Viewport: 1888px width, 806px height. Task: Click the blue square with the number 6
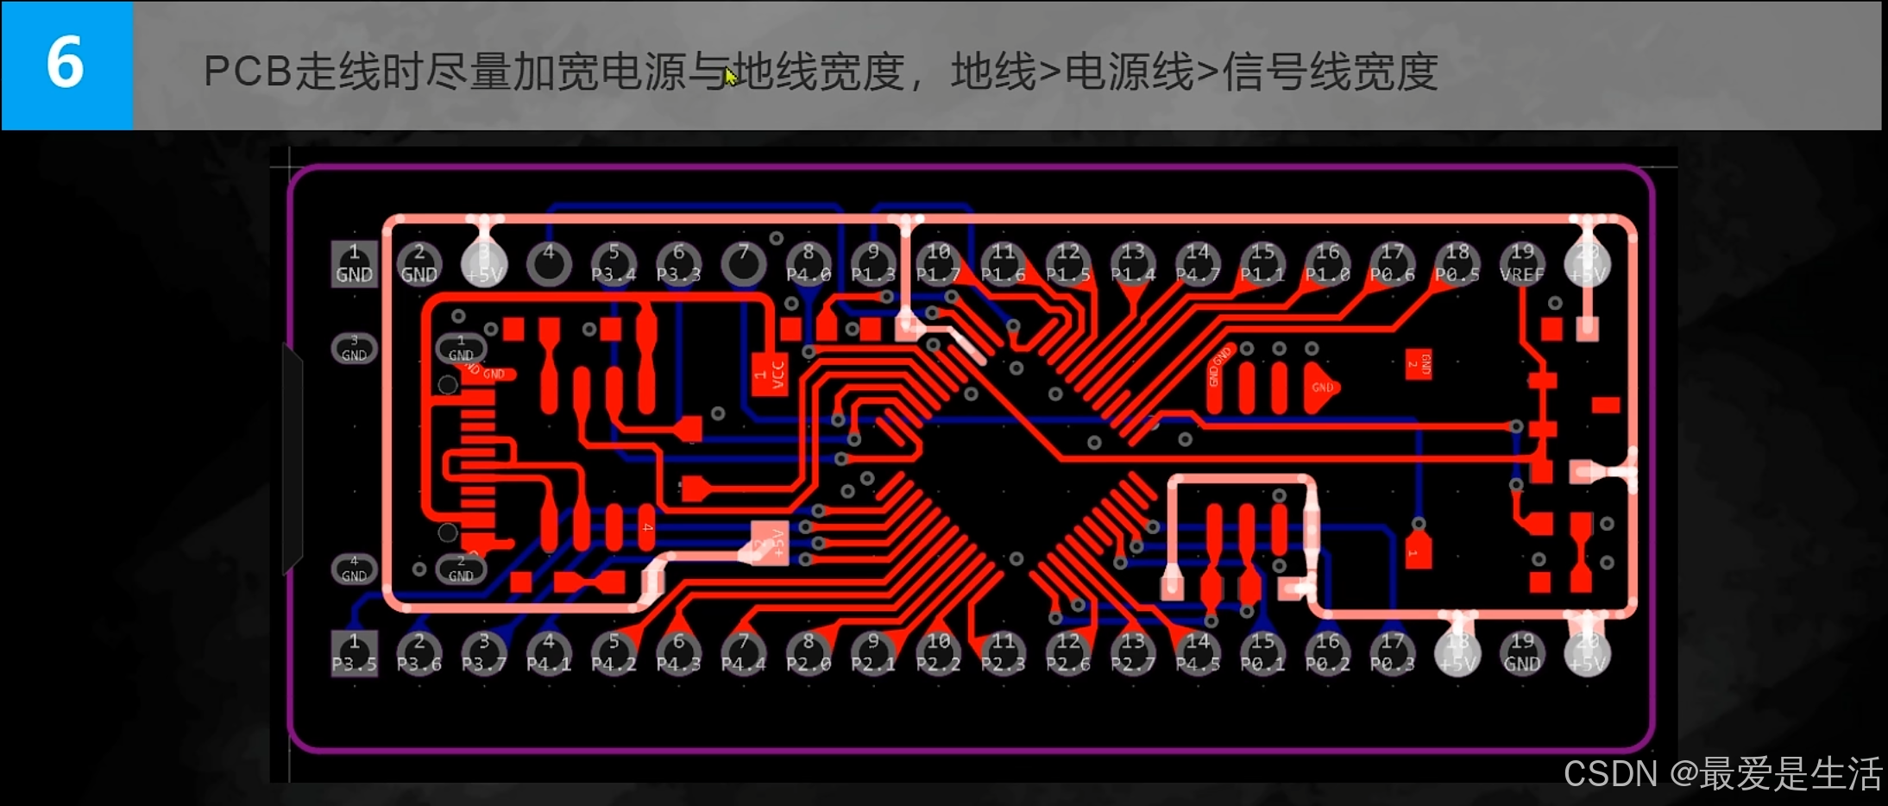(67, 65)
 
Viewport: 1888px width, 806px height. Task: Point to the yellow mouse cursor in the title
(730, 77)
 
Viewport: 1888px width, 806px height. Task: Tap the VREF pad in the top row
(1522, 263)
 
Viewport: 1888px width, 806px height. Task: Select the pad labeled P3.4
(614, 263)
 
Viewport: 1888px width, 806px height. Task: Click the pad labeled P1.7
(938, 263)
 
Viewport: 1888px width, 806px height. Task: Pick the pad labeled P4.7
(1198, 263)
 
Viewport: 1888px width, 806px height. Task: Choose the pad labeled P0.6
(1392, 263)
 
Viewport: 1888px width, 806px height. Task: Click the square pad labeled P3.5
(354, 653)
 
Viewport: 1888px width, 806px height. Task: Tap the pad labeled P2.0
(809, 653)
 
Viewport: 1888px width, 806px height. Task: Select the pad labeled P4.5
(1198, 653)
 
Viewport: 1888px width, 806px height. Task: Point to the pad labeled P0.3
(1392, 653)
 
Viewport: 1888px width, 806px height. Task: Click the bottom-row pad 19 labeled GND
(1522, 653)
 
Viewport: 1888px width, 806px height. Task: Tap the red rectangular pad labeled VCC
(769, 375)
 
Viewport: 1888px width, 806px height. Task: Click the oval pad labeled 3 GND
(354, 349)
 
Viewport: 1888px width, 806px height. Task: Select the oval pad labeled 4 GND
(354, 570)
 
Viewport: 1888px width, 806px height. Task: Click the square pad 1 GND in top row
(354, 263)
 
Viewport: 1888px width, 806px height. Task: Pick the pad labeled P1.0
(1327, 263)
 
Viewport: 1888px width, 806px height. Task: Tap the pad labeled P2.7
(1133, 653)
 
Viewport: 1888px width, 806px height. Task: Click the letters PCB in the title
(248, 72)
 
